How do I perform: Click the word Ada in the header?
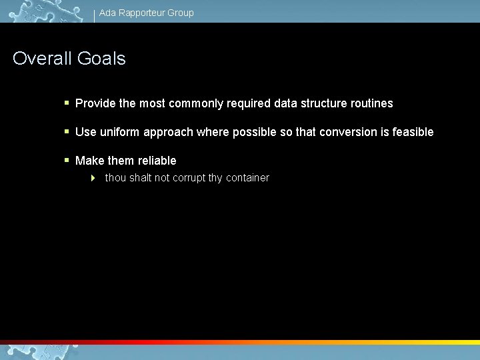(x=107, y=13)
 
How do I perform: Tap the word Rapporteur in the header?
(x=143, y=13)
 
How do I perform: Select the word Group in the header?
(x=181, y=13)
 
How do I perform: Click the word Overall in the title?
(x=43, y=59)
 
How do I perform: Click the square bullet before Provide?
(x=67, y=103)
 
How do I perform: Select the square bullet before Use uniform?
(x=67, y=132)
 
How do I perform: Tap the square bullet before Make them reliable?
(x=67, y=160)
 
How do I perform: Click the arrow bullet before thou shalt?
(x=93, y=178)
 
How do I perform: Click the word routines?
(x=371, y=104)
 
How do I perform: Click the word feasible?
(x=413, y=132)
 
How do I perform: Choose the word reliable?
(x=157, y=161)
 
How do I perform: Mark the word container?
(x=247, y=178)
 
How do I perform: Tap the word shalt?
(x=140, y=178)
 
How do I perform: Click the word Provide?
(x=96, y=104)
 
